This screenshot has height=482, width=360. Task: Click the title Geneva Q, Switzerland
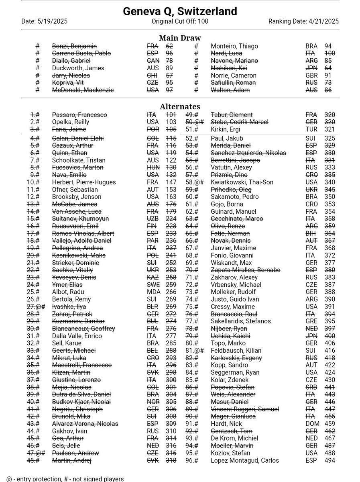pyautogui.click(x=180, y=11)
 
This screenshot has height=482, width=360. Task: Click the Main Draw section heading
pyautogui.click(x=180, y=38)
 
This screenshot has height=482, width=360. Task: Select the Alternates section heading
pyautogui.click(x=180, y=107)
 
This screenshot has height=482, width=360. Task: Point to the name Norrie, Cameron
pyautogui.click(x=233, y=76)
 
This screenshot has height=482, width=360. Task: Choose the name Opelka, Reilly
pyautogui.click(x=71, y=122)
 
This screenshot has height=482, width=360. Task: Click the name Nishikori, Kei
pyautogui.click(x=231, y=68)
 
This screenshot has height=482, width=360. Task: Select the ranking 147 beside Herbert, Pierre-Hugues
pyautogui.click(x=171, y=182)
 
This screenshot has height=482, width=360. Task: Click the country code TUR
pyautogui.click(x=311, y=129)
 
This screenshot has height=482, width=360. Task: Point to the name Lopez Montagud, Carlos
pyautogui.click(x=245, y=461)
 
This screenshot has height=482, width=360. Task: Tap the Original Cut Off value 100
pyautogui.click(x=202, y=22)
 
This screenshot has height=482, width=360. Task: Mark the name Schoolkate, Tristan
pyautogui.click(x=77, y=160)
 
